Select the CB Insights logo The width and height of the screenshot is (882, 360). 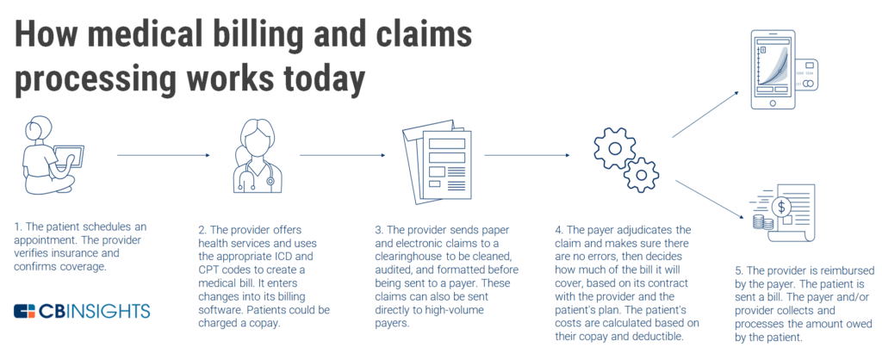tap(82, 310)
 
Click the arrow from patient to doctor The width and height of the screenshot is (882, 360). tap(163, 155)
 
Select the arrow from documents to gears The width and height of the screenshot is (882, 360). tap(526, 155)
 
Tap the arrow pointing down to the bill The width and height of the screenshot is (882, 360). tap(705, 197)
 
